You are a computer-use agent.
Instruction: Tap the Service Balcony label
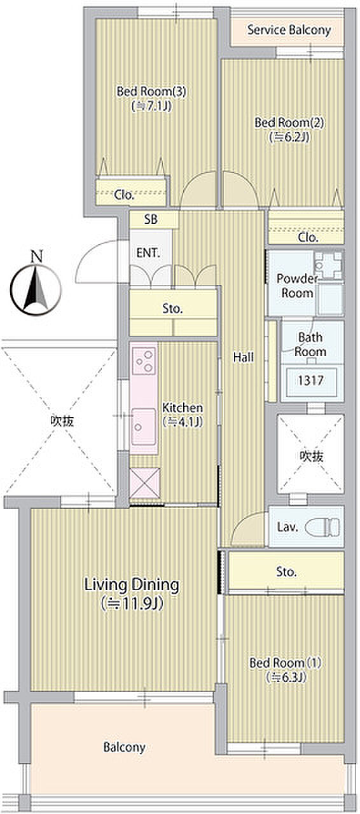tap(289, 30)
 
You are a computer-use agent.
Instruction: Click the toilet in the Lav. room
tap(322, 527)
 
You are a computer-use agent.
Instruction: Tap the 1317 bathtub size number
tap(310, 380)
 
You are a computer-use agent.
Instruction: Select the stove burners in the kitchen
tap(144, 361)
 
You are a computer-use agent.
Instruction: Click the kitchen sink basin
tap(144, 426)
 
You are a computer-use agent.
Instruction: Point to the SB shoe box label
tap(151, 219)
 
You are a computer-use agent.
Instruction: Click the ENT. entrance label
tap(148, 253)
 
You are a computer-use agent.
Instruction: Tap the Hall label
tap(243, 357)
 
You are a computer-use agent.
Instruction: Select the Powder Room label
tap(298, 286)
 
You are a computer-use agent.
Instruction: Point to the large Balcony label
tap(125, 747)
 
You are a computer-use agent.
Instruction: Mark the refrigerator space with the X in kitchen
tap(145, 483)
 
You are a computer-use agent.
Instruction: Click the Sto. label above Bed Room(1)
tap(287, 572)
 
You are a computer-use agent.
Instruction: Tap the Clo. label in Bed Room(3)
tap(125, 195)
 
